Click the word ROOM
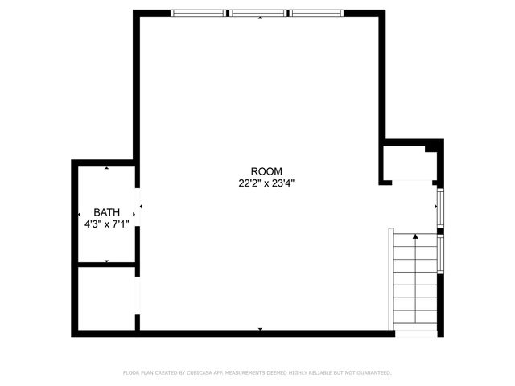click(266, 171)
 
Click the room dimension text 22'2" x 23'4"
click(266, 183)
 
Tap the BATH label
click(106, 213)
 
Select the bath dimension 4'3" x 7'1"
click(106, 225)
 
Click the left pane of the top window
click(200, 13)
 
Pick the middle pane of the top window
click(258, 13)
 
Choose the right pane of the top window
click(316, 13)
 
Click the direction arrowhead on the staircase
click(415, 236)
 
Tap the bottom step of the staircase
click(415, 322)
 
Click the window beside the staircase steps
click(441, 253)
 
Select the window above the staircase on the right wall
click(440, 204)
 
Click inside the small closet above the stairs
click(409, 162)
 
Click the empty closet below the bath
click(106, 297)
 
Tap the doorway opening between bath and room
click(138, 207)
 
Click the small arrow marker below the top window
click(259, 18)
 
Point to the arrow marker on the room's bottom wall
click(260, 329)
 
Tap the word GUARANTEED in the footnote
click(373, 373)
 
